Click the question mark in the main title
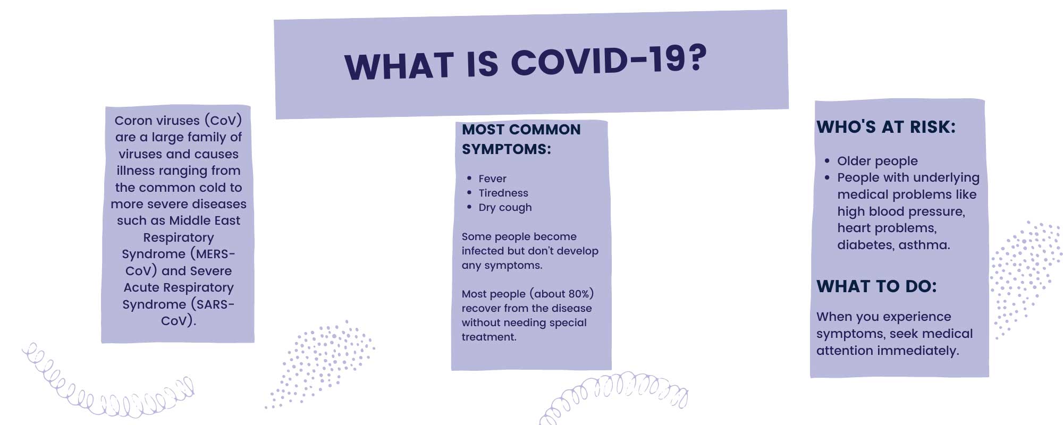pos(695,57)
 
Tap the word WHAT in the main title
pos(399,66)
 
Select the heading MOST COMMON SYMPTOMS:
pos(521,139)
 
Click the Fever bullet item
pos(492,178)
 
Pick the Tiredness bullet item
pos(503,193)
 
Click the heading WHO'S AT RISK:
pos(886,127)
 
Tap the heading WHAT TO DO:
pos(876,286)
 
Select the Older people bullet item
pos(877,161)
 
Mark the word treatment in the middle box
pos(489,337)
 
